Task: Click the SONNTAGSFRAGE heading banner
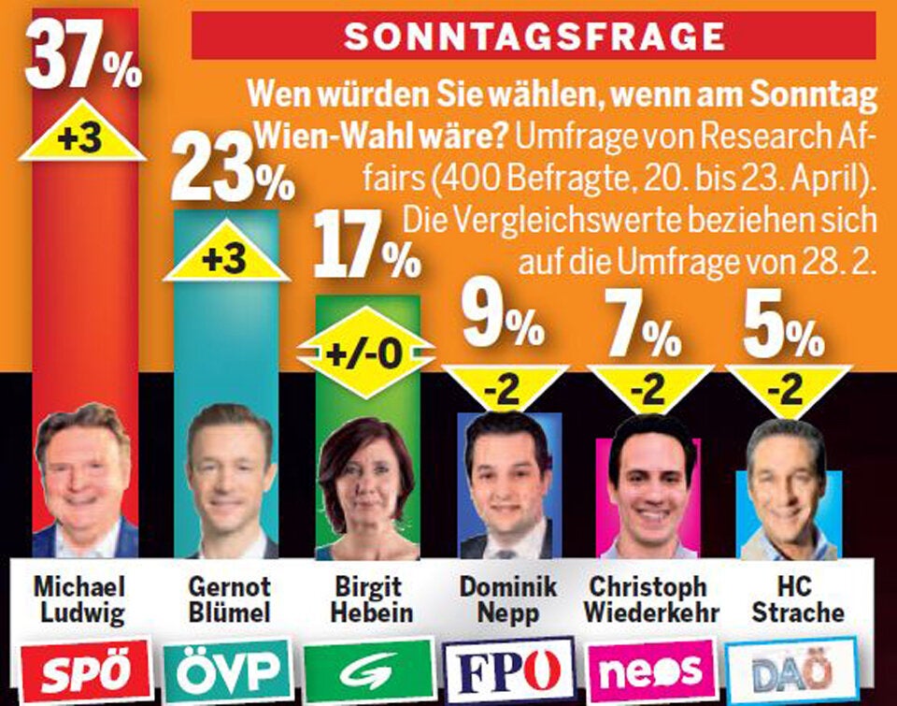(534, 36)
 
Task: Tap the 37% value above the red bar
(82, 58)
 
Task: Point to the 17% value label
(366, 246)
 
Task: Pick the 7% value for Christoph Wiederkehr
(645, 325)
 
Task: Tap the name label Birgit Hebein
(366, 598)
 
